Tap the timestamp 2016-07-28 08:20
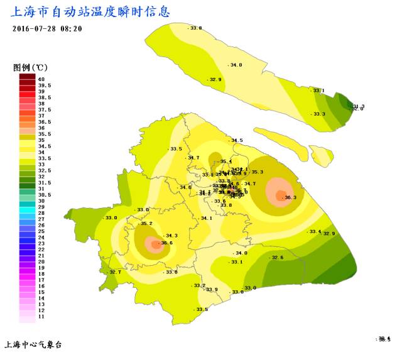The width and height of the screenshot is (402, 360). pos(47,29)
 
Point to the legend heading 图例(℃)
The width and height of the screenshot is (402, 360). pos(31,67)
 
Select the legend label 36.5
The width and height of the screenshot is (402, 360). pos(45,121)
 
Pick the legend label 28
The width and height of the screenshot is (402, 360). pos(41,213)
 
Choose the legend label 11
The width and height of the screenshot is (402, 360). pos(41,317)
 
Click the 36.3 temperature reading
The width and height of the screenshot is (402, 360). pos(290,197)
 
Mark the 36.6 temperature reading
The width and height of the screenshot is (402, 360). pos(166,243)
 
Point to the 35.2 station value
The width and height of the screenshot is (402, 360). pos(146,224)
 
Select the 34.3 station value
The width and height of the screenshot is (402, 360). pos(171,236)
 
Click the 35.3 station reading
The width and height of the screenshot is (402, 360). pos(257,172)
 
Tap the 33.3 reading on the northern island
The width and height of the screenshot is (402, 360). pos(318,114)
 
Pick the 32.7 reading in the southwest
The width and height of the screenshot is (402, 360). pos(115,272)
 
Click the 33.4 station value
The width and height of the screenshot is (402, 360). pos(315,232)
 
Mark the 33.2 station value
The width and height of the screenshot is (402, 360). pos(199,286)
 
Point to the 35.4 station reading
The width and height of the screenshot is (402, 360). pos(226,161)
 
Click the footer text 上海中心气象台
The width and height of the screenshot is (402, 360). pos(33,344)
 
